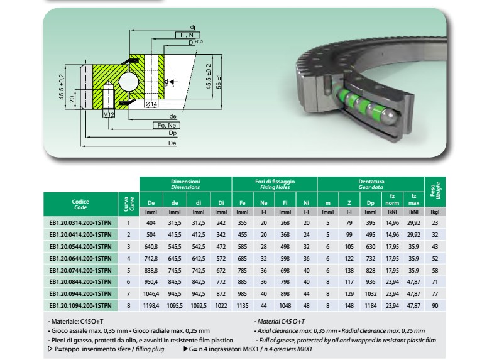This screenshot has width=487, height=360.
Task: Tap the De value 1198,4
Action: pos(151,305)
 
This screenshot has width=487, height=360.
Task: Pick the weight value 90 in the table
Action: pos(435,305)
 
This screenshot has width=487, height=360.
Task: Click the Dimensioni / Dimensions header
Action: pos(185,184)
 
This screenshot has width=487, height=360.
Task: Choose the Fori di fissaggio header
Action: pos(275,184)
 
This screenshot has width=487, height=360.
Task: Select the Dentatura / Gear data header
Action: pos(370,184)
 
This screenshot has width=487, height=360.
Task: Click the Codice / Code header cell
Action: pos(80,204)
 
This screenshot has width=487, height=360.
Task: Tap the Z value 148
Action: pos(349,305)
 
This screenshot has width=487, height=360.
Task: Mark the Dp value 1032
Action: pos(370,293)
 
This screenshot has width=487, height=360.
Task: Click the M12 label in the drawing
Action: pos(108,116)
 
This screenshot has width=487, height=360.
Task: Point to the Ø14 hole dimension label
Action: pos(150,104)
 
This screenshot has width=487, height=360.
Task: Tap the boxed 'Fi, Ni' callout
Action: pos(187,35)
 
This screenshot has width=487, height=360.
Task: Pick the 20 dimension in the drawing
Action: pos(72,99)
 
